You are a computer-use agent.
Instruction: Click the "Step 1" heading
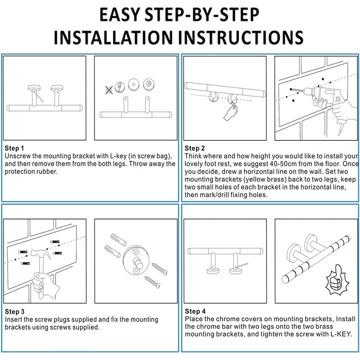(14, 148)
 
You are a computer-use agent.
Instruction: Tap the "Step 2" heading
(195, 148)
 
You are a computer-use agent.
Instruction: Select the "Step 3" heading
(14, 312)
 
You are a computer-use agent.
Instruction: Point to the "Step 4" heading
(195, 311)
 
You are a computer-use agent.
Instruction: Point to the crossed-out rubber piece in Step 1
(108, 90)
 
